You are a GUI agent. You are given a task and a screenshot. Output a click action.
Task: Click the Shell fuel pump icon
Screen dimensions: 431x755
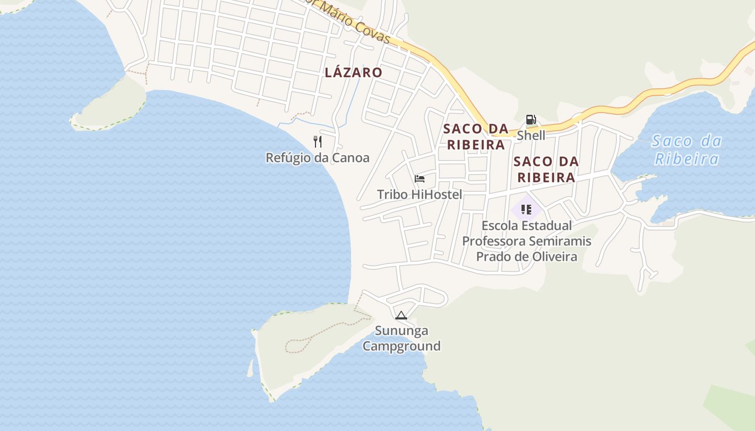531,120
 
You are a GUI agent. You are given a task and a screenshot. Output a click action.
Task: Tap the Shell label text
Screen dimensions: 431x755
531,135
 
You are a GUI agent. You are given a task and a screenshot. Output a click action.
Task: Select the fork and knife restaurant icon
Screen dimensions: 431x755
318,142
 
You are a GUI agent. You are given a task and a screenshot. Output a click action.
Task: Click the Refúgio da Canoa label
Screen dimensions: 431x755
317,158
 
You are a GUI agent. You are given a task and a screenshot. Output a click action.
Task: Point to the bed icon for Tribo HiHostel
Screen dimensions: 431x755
420,179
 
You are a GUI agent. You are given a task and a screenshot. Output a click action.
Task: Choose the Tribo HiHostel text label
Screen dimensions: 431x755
419,194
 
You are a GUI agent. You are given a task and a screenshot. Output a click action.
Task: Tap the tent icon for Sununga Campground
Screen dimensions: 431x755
400,316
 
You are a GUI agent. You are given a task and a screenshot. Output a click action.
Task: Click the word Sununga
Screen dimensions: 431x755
401,331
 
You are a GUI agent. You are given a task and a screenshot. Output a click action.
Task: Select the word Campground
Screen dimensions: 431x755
401,346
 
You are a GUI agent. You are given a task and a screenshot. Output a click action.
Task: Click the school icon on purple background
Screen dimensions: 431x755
526,209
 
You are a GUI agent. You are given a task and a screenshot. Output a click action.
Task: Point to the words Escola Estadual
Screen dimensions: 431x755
526,225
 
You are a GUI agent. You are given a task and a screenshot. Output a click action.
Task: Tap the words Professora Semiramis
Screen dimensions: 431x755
526,241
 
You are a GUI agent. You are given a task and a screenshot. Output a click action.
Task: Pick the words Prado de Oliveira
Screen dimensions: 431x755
526,256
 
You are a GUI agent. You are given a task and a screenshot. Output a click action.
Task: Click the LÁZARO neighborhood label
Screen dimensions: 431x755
353,72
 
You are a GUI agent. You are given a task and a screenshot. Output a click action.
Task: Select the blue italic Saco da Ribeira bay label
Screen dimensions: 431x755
686,150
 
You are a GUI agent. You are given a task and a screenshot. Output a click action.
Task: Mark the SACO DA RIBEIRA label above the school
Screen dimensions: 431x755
546,169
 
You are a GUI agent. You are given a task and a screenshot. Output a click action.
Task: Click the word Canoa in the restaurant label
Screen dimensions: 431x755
351,158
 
